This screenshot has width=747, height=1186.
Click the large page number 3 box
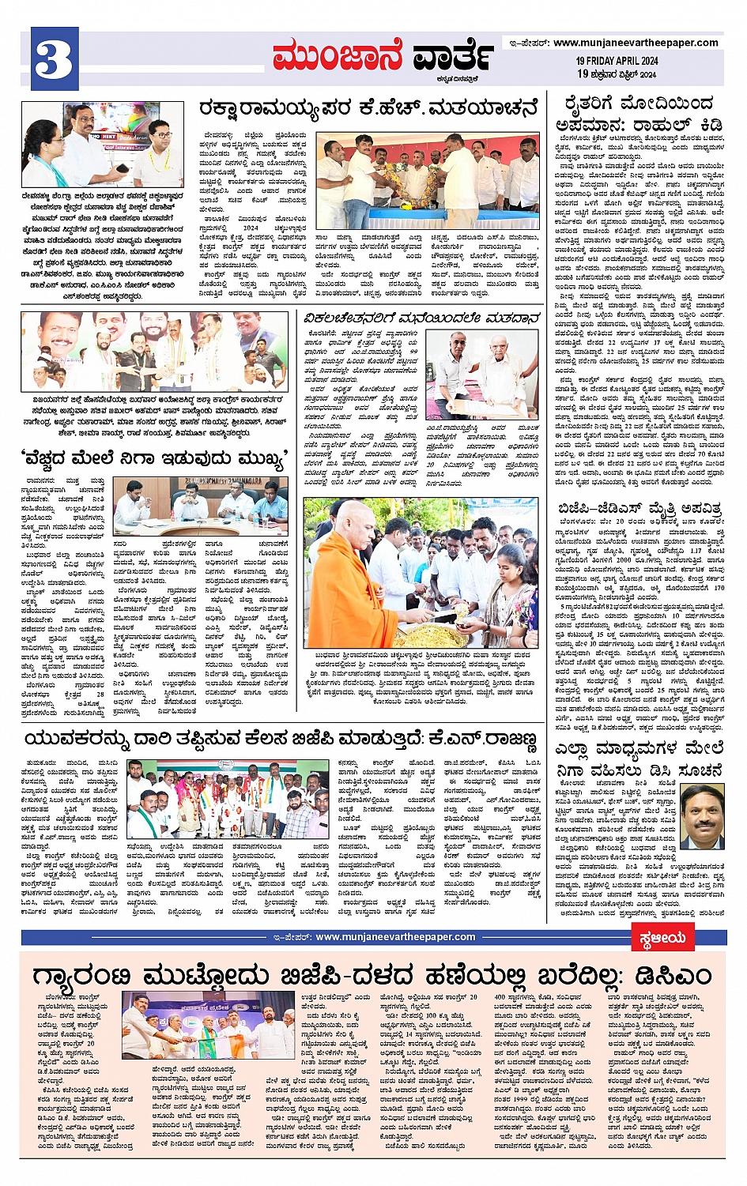pos(55,58)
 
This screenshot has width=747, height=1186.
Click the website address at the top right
pos(636,43)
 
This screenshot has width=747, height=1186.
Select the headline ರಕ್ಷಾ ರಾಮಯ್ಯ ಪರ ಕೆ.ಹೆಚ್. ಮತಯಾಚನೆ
pos(368,109)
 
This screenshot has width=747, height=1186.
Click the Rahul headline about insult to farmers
pos(639,114)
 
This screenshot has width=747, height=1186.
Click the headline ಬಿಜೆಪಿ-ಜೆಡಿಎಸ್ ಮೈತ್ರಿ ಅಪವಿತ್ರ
pos(639,508)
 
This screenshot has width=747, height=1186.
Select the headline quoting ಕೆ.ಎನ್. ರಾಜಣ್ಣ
pos(281,740)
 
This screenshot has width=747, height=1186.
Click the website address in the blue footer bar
pos(395,937)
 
